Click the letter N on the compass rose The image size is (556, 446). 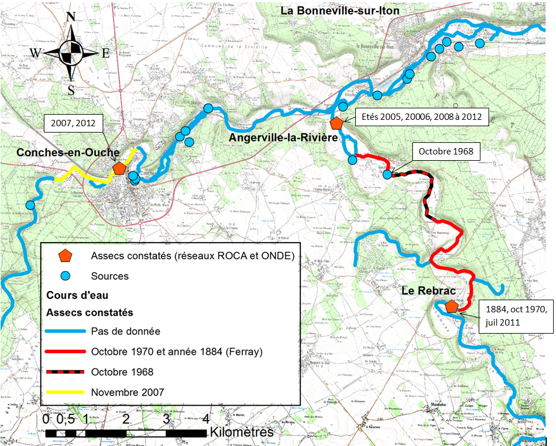pyautogui.click(x=72, y=16)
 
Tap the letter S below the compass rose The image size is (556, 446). pyautogui.click(x=71, y=90)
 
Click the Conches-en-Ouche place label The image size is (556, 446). pyautogui.click(x=68, y=153)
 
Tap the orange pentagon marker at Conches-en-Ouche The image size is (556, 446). pyautogui.click(x=119, y=168)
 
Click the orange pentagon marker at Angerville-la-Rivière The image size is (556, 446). pyautogui.click(x=336, y=123)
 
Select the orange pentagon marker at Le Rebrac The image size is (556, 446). pyautogui.click(x=452, y=307)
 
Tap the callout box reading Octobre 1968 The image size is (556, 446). pyautogui.click(x=446, y=152)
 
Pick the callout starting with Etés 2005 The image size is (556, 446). pyautogui.click(x=422, y=117)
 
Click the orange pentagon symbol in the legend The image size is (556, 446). pyautogui.click(x=66, y=255)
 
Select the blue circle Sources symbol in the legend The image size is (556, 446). pyautogui.click(x=66, y=275)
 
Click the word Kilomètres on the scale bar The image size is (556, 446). pyautogui.click(x=242, y=432)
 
